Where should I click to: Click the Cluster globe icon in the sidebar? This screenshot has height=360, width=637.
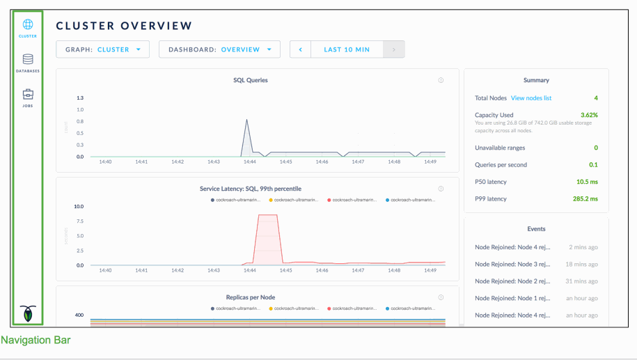(x=28, y=25)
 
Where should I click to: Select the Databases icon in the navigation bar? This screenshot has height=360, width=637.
(x=28, y=60)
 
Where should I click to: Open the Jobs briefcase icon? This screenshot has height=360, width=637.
(x=28, y=95)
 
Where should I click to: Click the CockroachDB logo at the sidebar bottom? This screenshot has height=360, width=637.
(x=28, y=313)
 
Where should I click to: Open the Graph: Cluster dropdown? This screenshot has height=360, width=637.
(x=103, y=49)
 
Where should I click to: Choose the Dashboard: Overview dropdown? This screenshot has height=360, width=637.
(x=219, y=49)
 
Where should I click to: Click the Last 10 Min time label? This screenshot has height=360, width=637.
(x=347, y=49)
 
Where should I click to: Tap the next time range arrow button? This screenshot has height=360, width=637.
(x=394, y=49)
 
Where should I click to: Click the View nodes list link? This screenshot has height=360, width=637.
(x=531, y=98)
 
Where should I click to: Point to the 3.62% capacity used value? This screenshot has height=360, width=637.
(x=589, y=115)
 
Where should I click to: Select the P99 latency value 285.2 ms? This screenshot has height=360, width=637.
(x=584, y=199)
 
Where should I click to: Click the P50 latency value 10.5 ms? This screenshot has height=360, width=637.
(x=586, y=182)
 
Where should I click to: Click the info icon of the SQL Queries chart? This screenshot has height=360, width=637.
(x=441, y=80)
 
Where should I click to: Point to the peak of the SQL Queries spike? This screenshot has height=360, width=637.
(x=246, y=120)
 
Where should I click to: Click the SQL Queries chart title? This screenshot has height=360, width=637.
(x=251, y=80)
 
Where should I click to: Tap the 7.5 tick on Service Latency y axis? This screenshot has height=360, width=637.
(x=79, y=221)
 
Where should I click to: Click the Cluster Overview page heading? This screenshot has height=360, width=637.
(x=124, y=26)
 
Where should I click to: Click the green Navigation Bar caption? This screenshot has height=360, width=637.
(x=35, y=341)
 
